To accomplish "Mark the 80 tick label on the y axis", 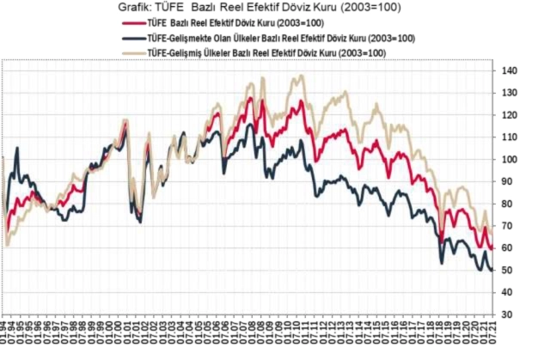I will (x=510, y=204).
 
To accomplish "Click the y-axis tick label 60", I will (x=510, y=248).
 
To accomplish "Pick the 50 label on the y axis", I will (x=510, y=271).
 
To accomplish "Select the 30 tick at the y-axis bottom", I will (x=510, y=315).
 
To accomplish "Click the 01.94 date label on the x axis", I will (x=5, y=338).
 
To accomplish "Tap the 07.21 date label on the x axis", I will (x=489, y=338).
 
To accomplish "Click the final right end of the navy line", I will (x=492, y=271).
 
